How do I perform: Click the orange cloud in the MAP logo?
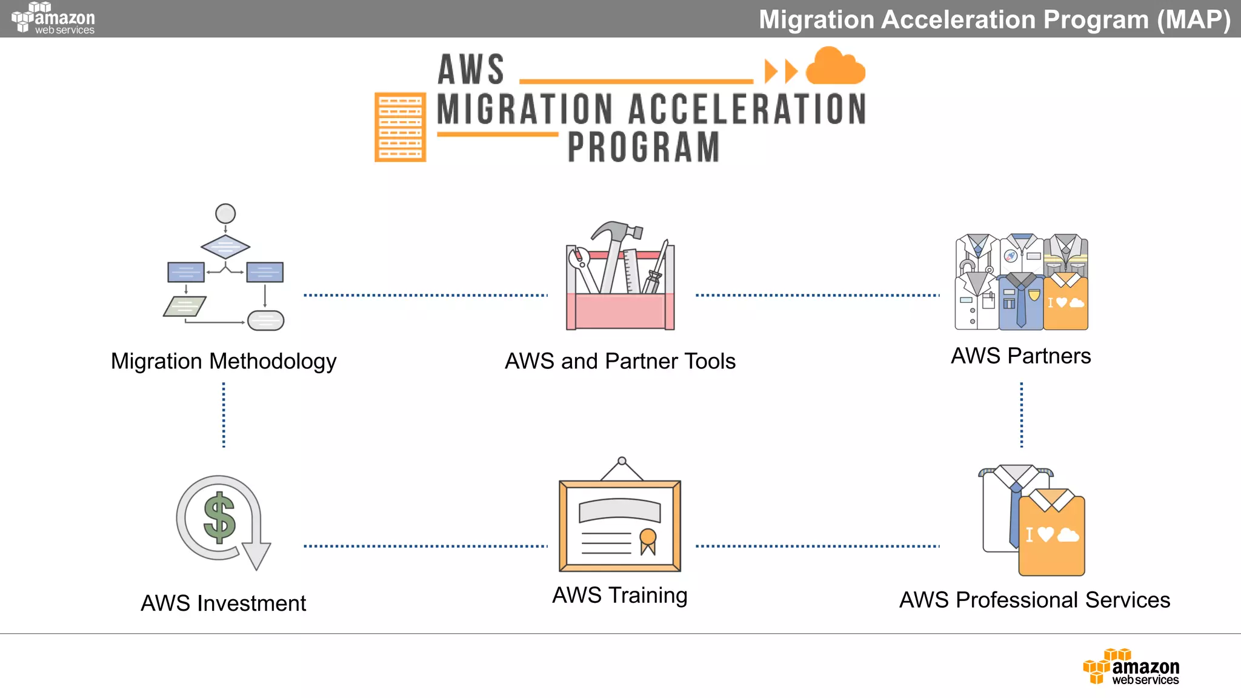[x=835, y=67]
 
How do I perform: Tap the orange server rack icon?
[x=400, y=127]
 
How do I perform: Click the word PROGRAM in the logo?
[x=644, y=147]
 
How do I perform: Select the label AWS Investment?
[x=223, y=603]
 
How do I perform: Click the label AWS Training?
[x=620, y=596]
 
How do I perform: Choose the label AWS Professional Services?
[x=1034, y=600]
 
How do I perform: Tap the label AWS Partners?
[x=1021, y=356]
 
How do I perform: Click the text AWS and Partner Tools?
[x=620, y=362]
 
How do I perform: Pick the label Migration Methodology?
[x=223, y=362]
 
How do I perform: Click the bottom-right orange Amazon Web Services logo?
[x=1131, y=667]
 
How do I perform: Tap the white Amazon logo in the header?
[x=53, y=18]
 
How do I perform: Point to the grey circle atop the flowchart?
[x=225, y=213]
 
